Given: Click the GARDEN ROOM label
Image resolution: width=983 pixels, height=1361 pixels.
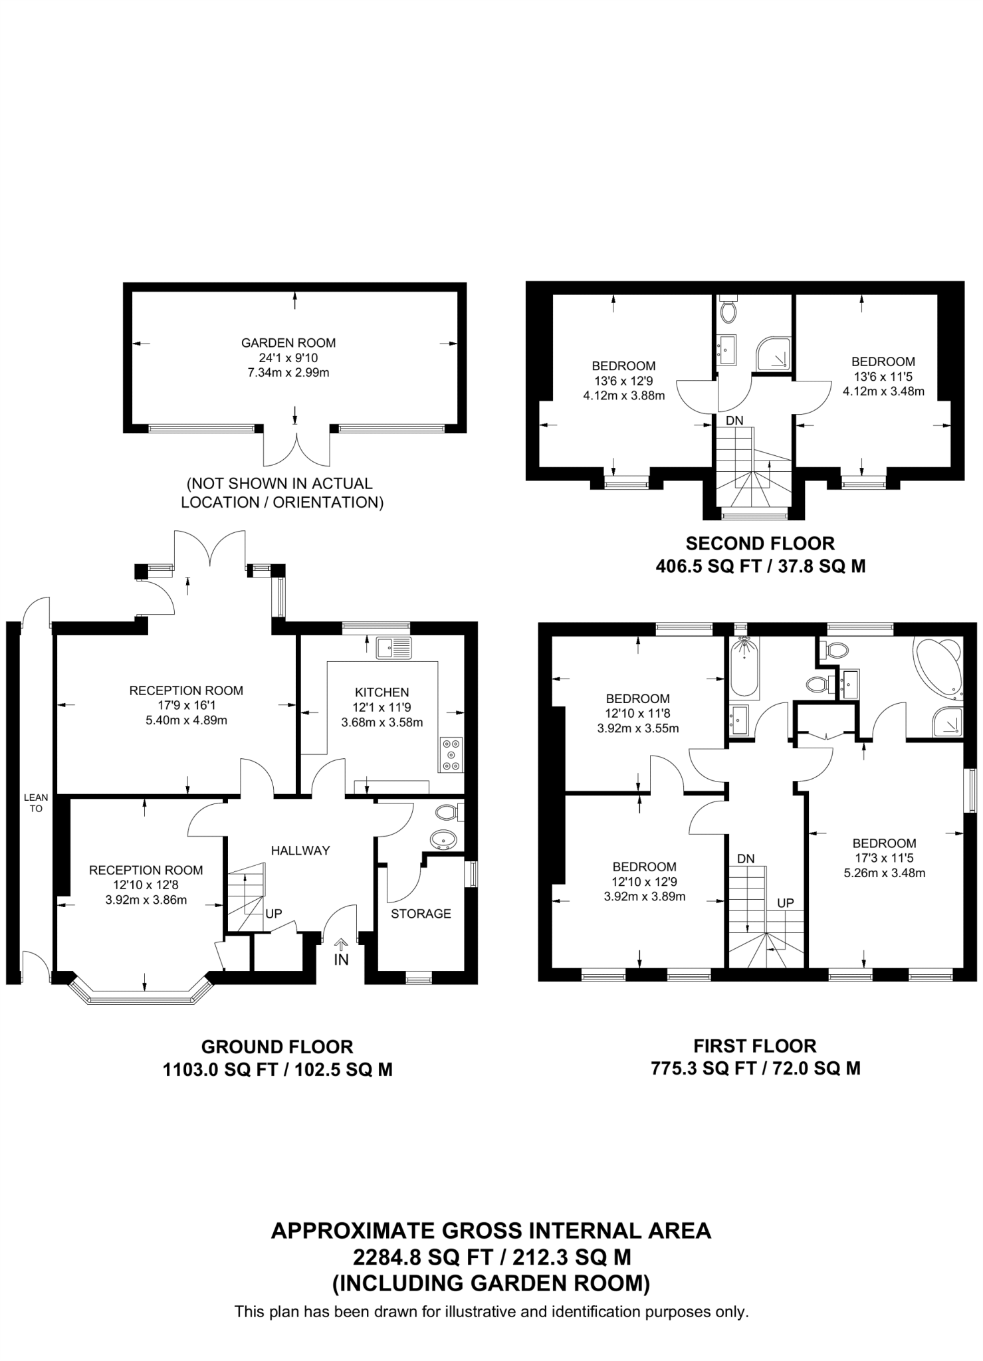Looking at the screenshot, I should [288, 343].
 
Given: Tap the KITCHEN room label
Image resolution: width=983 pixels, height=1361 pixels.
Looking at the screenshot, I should [382, 692].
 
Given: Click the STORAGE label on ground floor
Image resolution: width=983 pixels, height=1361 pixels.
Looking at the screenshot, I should [421, 914].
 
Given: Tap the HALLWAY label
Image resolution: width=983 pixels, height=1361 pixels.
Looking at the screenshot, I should [300, 850].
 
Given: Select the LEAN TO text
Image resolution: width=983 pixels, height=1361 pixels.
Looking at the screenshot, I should [36, 803].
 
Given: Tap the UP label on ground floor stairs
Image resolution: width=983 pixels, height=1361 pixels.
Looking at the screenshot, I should [273, 914].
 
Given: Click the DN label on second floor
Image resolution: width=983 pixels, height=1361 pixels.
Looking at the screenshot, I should [734, 420].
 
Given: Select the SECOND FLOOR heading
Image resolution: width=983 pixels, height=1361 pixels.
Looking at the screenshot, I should [760, 544].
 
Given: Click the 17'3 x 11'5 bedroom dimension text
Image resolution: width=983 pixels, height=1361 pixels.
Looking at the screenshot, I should [884, 858].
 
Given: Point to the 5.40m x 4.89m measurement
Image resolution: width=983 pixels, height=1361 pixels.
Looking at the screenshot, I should [186, 720].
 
